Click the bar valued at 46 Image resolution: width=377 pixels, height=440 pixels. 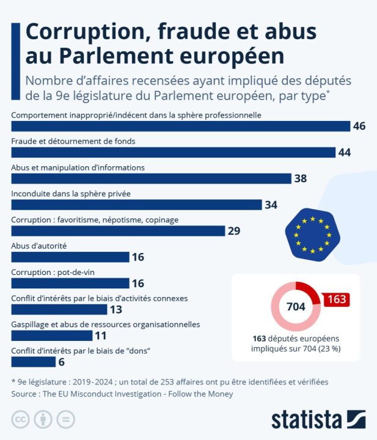click(181, 126)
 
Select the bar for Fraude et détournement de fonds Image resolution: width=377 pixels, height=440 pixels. click(174, 152)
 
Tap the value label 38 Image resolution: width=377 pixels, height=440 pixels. click(300, 178)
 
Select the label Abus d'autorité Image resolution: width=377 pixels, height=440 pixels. click(39, 245)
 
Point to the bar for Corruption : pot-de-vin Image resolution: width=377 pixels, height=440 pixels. click(70, 283)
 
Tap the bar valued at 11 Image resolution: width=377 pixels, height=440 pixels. click(52, 335)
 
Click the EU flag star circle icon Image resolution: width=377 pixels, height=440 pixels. click(312, 234)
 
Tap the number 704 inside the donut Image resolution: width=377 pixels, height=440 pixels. click(296, 307)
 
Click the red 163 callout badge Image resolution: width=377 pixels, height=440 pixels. click(336, 299)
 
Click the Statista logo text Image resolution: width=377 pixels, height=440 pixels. click(306, 420)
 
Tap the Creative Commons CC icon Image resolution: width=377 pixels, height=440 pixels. click(21, 420)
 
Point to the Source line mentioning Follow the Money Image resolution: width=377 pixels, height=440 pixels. click(122, 394)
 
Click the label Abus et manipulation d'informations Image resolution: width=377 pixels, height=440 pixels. click(78, 167)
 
